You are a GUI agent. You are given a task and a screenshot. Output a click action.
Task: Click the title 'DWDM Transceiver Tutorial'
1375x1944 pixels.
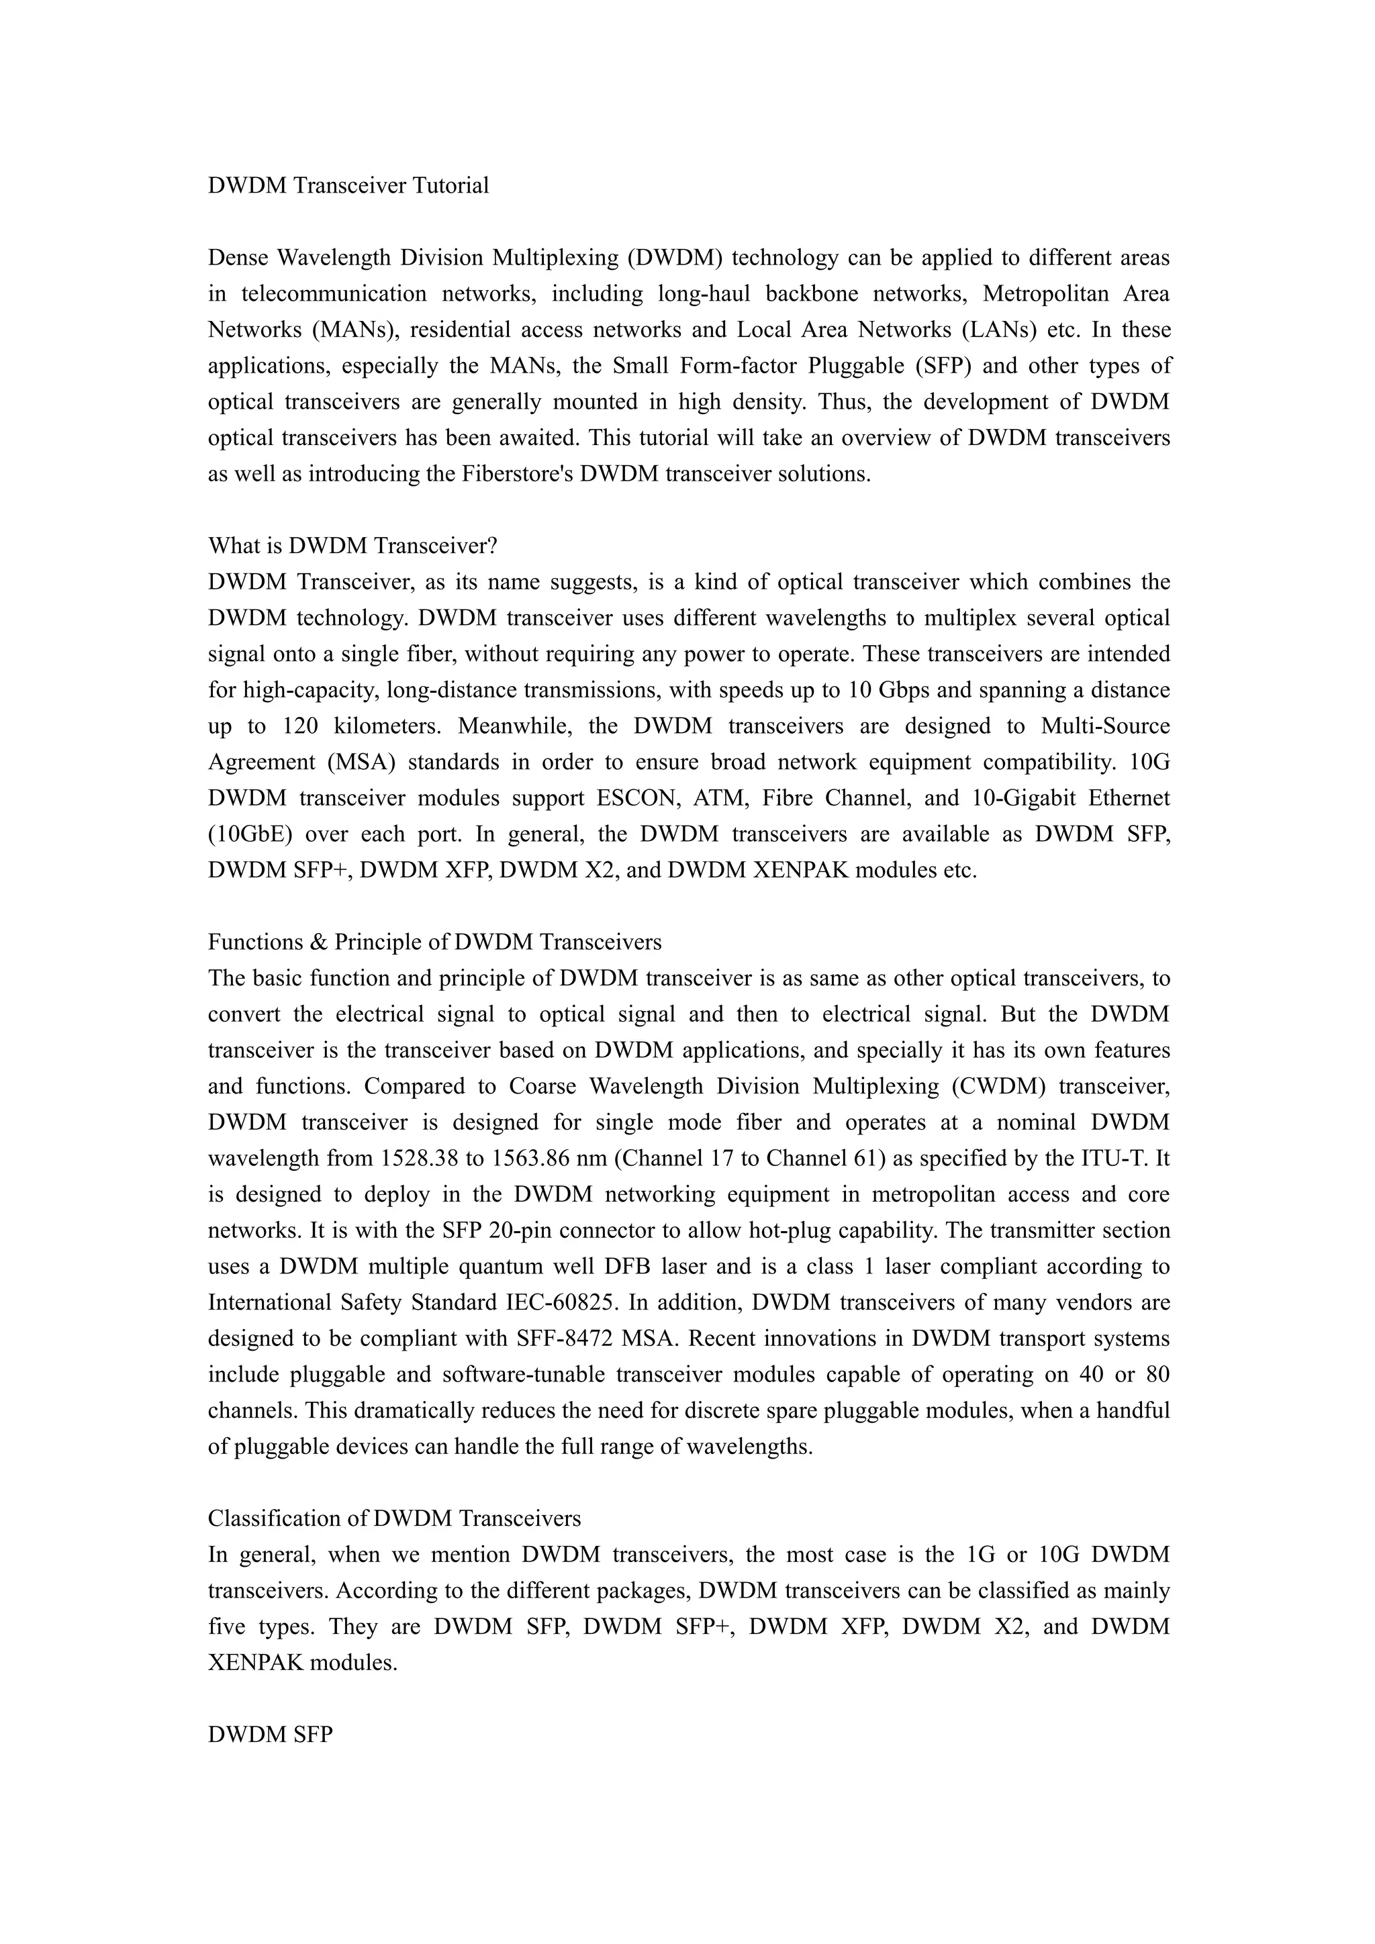(348, 185)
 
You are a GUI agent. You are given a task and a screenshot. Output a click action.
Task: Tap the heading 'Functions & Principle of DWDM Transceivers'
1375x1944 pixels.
(434, 942)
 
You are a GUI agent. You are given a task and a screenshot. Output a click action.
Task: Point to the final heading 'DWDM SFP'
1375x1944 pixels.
(270, 1734)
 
